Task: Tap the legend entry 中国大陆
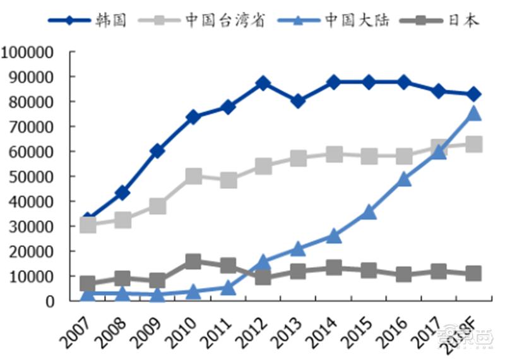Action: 357,20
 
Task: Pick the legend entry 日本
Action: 463,20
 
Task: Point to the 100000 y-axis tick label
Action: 29,52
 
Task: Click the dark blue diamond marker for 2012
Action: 263,83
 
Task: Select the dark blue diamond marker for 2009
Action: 158,151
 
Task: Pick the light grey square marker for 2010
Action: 193,176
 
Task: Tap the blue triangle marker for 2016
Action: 405,179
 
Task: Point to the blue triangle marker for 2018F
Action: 474,114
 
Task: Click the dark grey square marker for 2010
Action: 193,261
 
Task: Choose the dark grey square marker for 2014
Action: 334,268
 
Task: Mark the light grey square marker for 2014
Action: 334,154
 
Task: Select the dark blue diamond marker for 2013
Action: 299,101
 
